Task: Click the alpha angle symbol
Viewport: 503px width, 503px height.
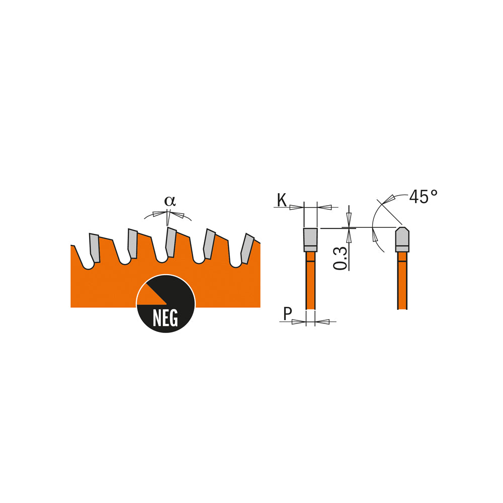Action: coord(170,201)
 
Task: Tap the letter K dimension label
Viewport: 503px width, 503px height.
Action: coord(282,201)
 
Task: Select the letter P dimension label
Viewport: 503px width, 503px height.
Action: coord(288,313)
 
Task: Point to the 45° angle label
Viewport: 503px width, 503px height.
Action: coord(423,197)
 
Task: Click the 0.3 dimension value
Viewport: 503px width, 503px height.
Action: coord(341,258)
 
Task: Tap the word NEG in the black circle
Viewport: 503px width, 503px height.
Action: coord(165,318)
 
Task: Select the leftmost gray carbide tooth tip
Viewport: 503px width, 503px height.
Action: coord(95,247)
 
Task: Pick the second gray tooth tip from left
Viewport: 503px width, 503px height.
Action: coord(132,243)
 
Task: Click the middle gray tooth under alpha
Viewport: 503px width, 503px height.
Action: coord(171,242)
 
